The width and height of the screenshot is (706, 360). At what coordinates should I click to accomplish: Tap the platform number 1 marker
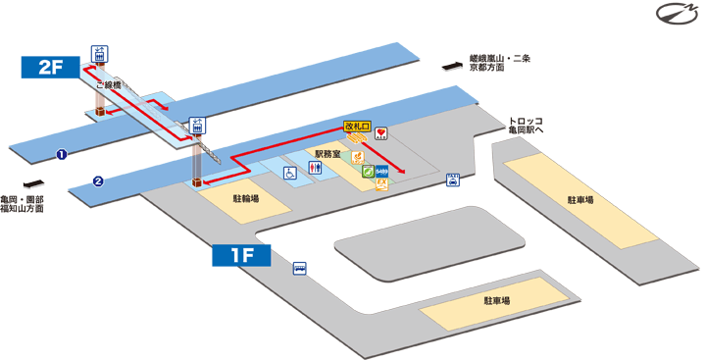(x=61, y=154)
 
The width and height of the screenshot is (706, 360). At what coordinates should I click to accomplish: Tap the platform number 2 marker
(x=99, y=180)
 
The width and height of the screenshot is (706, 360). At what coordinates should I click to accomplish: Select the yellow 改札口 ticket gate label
(x=356, y=128)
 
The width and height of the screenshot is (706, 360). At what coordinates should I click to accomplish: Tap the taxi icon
(x=453, y=180)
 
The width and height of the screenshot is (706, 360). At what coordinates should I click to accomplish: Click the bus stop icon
(x=299, y=268)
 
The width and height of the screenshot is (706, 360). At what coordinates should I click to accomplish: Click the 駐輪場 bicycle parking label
(x=245, y=198)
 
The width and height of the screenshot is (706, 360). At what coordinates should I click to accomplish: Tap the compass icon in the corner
(x=676, y=14)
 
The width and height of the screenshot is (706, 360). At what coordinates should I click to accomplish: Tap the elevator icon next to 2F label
(x=98, y=53)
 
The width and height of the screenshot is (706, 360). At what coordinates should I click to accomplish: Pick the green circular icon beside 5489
(x=368, y=173)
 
